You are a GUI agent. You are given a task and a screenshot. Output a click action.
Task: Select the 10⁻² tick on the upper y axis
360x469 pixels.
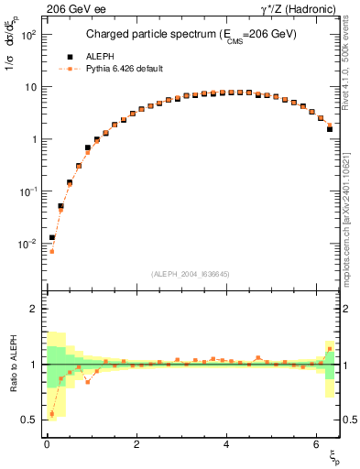point(26,244)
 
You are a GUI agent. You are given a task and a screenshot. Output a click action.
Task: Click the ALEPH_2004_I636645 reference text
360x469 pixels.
point(190,273)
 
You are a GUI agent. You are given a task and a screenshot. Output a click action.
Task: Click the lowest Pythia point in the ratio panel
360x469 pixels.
point(51,414)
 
